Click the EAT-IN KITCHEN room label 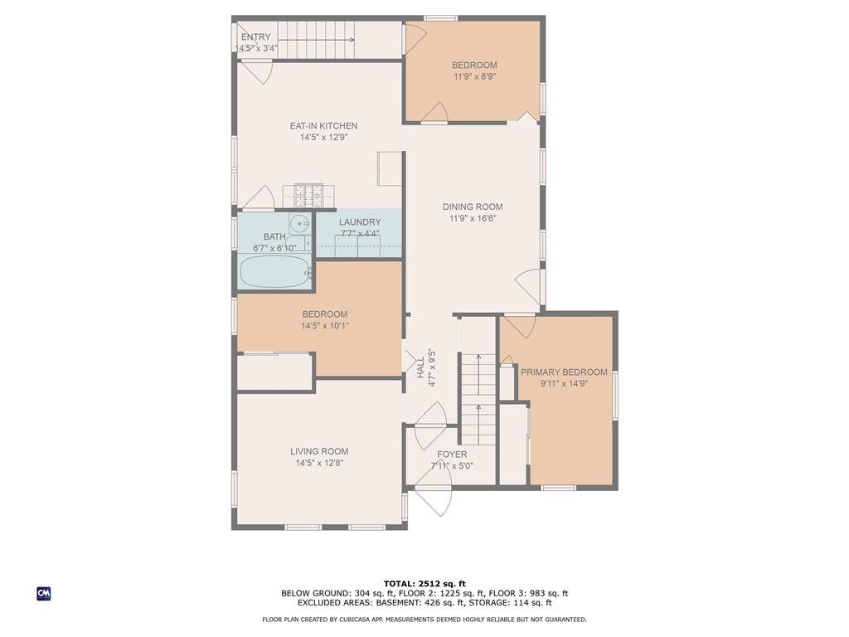323,126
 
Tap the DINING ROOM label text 473,207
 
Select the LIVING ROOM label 319,451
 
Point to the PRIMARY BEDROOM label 564,372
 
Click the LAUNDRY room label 360,222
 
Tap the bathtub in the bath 274,271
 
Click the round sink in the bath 299,222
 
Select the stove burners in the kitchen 308,196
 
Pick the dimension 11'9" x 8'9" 474,77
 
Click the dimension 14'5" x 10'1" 325,326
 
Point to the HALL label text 420,367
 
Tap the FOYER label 452,455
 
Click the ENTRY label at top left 255,36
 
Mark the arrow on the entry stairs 316,40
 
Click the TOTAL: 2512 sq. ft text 424,583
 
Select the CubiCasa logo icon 44,594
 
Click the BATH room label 274,236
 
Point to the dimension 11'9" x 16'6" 473,219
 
